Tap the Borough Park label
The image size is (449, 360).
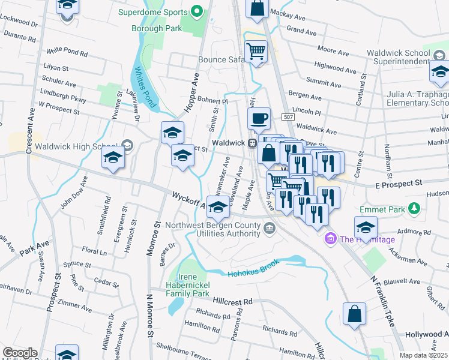(x=157, y=28)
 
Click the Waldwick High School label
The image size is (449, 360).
(x=75, y=146)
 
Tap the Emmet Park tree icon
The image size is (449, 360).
(x=413, y=208)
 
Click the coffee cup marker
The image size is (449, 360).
(x=259, y=119)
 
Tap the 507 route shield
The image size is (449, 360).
(x=289, y=118)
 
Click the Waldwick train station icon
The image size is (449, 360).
(x=253, y=143)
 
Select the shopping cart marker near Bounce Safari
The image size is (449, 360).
(x=256, y=52)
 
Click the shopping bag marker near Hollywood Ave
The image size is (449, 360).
(x=354, y=313)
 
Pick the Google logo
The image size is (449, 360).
(x=20, y=353)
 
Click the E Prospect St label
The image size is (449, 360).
(x=399, y=181)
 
